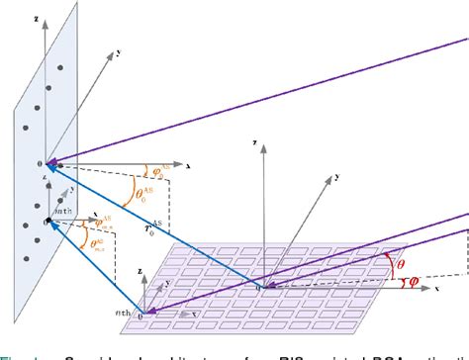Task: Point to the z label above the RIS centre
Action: [x=255, y=143]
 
